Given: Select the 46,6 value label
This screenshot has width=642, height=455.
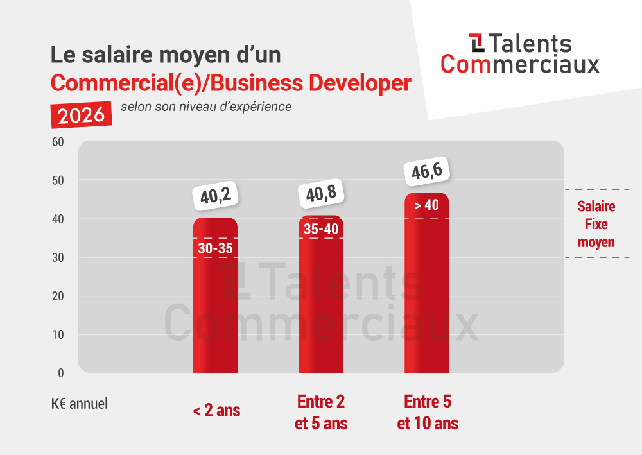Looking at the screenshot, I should point(426,171).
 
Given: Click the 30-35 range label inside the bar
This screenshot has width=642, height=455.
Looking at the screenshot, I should point(215,248).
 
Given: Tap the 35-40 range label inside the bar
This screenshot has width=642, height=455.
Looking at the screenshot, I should point(321,229).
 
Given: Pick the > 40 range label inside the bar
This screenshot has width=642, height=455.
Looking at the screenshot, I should point(426,206).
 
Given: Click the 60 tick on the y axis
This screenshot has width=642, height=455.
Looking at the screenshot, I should point(57,142).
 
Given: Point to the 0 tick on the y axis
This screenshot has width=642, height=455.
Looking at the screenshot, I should point(60,373).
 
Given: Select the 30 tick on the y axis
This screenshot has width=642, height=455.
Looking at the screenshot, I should point(57,257).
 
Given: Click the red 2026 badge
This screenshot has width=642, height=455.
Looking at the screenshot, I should point(82,115).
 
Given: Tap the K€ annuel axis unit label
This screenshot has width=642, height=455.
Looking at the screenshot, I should point(80,404).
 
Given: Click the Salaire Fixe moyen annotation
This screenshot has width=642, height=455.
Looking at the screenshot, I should point(596,225).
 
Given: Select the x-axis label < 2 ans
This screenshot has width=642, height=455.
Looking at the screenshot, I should point(216,411).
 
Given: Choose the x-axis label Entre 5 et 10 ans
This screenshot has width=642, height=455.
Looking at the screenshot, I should point(428,413).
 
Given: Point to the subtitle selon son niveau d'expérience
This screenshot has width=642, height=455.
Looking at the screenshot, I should point(205,107).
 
